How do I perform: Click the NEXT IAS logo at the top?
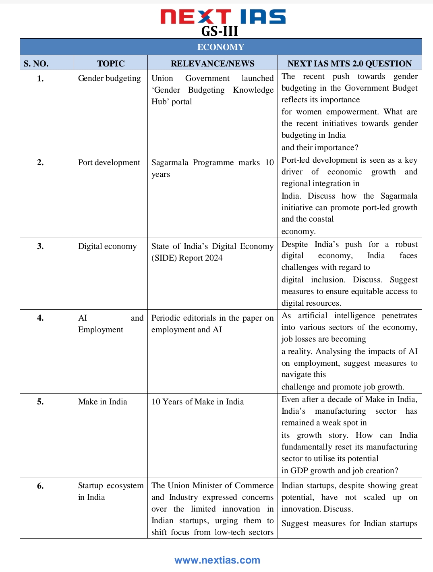223,17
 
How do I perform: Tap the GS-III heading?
220,31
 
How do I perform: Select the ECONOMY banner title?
221,47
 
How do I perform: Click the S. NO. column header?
36,64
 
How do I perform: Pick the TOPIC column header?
111,64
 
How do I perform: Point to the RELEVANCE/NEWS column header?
212,64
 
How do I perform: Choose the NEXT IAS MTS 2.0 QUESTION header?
349,64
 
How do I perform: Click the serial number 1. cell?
40,79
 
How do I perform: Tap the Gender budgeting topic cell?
109,78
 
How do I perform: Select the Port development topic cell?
109,162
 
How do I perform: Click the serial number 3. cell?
40,247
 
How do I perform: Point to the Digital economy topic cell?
107,246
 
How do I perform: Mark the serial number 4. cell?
40,318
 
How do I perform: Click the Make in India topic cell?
102,402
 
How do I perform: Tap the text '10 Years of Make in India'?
197,402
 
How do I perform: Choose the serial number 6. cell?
40,486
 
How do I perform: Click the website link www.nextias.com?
217,560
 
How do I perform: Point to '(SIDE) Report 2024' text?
187,258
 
